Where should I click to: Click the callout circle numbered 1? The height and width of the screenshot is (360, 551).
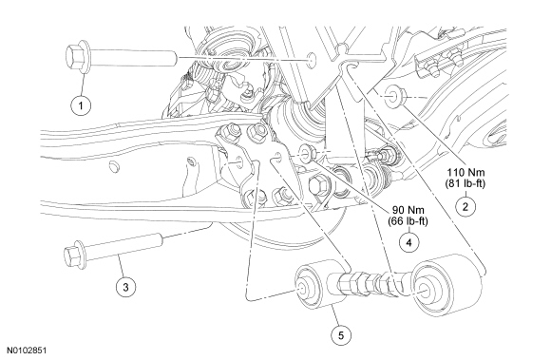point(81,105)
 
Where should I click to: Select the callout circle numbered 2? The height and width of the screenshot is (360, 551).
point(465,206)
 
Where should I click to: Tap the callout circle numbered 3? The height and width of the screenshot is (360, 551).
point(125,287)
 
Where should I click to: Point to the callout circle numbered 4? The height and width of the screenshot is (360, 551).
point(409,242)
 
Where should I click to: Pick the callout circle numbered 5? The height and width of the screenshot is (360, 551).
point(341,335)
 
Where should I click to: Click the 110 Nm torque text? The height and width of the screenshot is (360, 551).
point(465,173)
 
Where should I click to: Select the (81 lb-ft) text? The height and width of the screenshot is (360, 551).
point(465,183)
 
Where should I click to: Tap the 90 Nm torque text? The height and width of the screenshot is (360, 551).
point(408,210)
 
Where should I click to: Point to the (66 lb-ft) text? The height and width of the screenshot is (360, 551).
point(408,221)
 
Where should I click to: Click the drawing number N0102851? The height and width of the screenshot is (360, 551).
point(27,351)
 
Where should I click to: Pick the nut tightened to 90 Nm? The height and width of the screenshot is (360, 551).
point(307,152)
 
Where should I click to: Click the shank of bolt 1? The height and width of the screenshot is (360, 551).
point(134,58)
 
